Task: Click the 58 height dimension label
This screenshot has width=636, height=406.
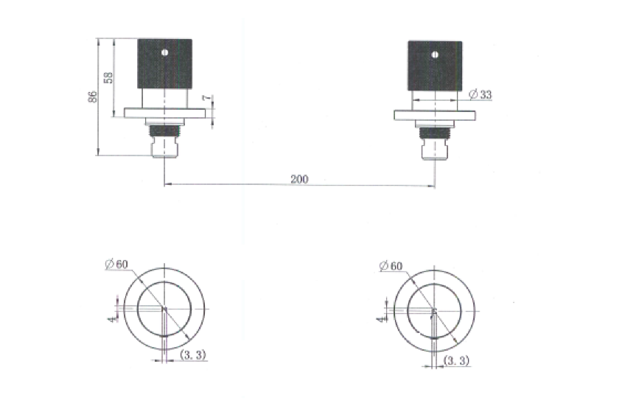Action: click(x=109, y=78)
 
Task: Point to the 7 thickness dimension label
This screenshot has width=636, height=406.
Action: click(x=205, y=98)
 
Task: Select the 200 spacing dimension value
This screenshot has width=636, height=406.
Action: click(x=299, y=178)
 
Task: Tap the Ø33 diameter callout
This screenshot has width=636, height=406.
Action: click(x=481, y=94)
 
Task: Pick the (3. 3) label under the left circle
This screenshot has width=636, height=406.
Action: click(x=193, y=355)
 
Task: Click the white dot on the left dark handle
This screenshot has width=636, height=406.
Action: click(x=164, y=52)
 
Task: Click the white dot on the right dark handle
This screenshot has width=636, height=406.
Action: click(x=436, y=53)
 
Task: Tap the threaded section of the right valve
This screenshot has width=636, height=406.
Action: click(x=435, y=133)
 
